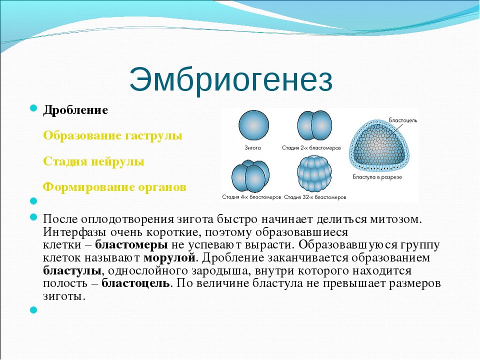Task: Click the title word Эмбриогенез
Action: (x=231, y=80)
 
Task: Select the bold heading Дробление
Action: (x=75, y=110)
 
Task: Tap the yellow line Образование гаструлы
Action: (x=112, y=135)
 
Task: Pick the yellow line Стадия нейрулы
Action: (x=93, y=161)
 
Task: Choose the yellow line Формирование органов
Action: (x=114, y=187)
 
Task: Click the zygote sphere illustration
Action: (x=253, y=125)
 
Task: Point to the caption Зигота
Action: (x=252, y=148)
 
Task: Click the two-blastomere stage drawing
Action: (x=314, y=125)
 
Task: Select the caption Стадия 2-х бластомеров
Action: (x=311, y=148)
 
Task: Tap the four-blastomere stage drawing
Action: (x=250, y=176)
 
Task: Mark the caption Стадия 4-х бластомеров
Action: (x=251, y=197)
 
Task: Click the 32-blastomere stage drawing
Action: (x=314, y=174)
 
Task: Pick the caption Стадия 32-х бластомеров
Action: (x=315, y=197)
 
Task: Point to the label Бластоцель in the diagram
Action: (x=403, y=120)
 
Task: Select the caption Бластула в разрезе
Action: (x=377, y=177)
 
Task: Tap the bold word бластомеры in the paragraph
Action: (x=131, y=245)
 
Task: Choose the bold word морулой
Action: (x=169, y=258)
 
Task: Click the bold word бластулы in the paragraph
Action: (x=72, y=271)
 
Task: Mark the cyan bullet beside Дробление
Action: (x=33, y=108)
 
